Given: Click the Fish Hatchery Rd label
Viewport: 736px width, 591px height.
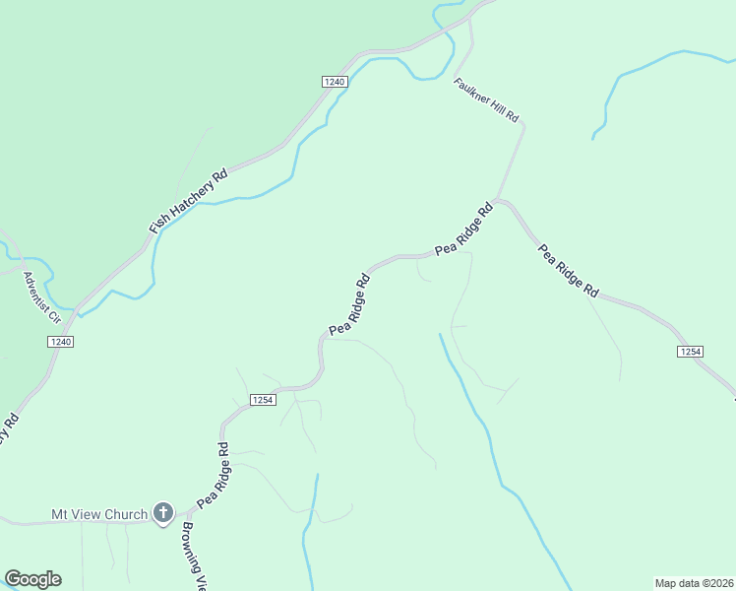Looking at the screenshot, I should pyautogui.click(x=189, y=201).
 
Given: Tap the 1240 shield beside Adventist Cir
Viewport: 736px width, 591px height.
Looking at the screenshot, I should pyautogui.click(x=60, y=341).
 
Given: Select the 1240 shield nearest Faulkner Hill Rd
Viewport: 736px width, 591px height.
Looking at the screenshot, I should pyautogui.click(x=334, y=82).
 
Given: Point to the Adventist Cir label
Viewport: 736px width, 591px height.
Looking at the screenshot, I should pyautogui.click(x=43, y=298).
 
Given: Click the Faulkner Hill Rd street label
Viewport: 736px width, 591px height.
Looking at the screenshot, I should pyautogui.click(x=486, y=99).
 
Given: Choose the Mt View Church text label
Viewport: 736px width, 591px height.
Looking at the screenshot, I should pyautogui.click(x=99, y=514).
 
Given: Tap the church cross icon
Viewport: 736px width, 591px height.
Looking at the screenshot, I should pyautogui.click(x=163, y=513).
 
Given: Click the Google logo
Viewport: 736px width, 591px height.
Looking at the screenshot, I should pyautogui.click(x=32, y=579).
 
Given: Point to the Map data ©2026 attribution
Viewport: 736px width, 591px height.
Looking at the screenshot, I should pyautogui.click(x=694, y=582).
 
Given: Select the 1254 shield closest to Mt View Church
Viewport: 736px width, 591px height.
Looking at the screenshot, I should pyautogui.click(x=261, y=400).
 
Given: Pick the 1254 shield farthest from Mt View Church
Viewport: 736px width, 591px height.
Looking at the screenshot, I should pyautogui.click(x=690, y=352).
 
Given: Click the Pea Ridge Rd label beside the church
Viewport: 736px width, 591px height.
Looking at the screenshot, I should pyautogui.click(x=213, y=475).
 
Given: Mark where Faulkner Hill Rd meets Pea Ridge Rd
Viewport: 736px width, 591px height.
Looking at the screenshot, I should pyautogui.click(x=498, y=201).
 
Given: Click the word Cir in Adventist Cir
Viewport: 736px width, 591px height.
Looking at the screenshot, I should pyautogui.click(x=55, y=316).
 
